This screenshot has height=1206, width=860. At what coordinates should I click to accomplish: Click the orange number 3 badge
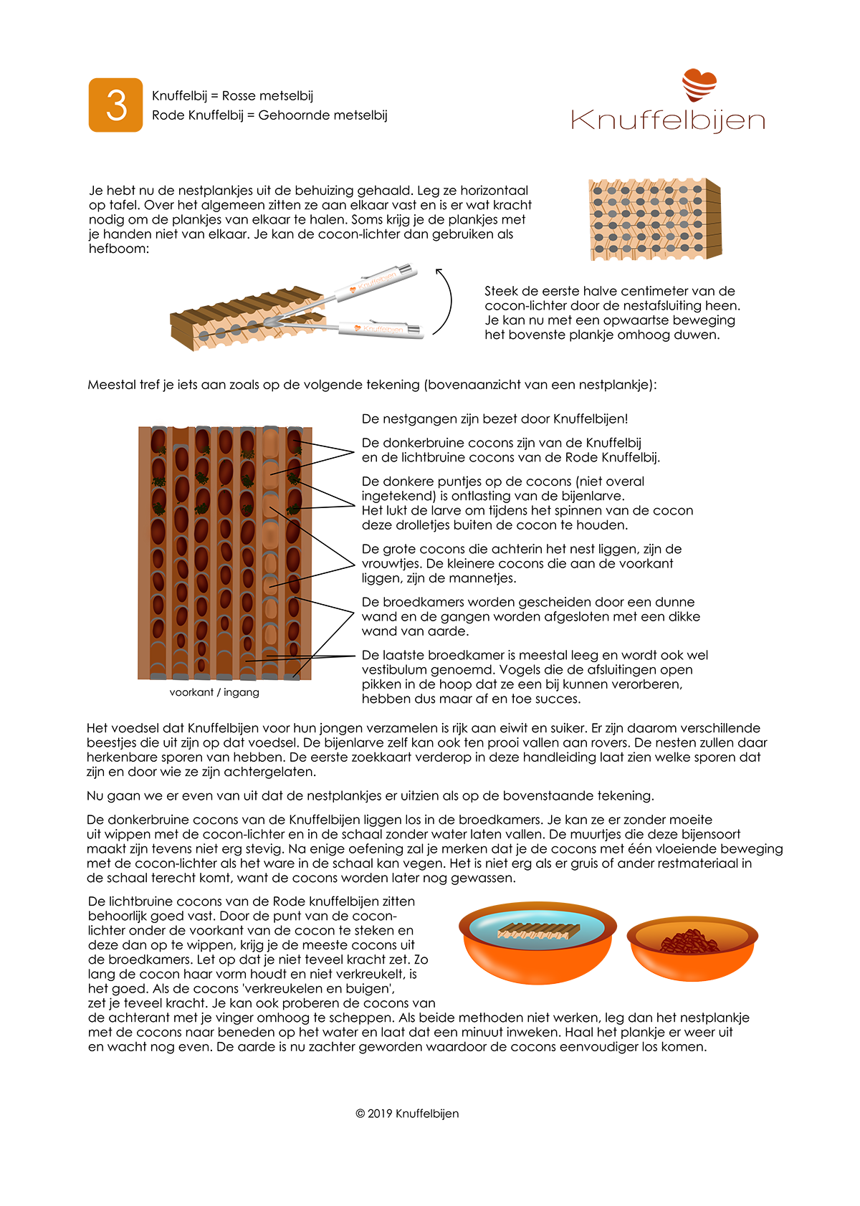coord(115,105)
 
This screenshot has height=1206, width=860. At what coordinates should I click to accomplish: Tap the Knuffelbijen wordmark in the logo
coord(668,120)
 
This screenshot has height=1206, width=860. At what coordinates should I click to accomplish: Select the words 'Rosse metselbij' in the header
coord(267,96)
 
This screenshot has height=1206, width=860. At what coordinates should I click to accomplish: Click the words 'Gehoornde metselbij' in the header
coord(322,115)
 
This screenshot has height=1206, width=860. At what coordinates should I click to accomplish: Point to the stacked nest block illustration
coord(654,219)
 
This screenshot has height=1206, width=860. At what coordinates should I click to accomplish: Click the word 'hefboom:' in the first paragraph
coord(119,249)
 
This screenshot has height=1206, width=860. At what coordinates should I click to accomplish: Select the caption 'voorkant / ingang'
coord(214,692)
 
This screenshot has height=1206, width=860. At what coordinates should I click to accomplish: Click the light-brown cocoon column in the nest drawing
coord(270,545)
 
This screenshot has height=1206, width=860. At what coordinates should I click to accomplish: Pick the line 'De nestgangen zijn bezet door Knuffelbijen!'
coord(494,419)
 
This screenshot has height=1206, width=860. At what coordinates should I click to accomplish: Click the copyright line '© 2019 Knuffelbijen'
coord(407,1114)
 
